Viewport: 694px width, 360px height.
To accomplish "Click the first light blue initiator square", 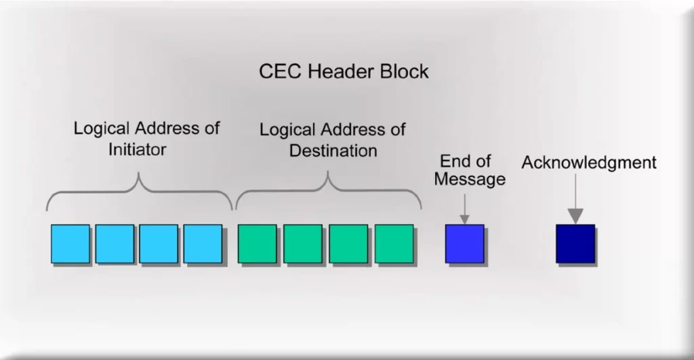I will pos(70,243).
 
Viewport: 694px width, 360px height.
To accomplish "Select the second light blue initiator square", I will pos(114,243).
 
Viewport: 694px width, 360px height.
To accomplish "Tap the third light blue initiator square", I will pos(159,243).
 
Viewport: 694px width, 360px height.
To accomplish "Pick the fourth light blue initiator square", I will pos(203,243).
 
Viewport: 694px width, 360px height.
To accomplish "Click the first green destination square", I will pos(257,243).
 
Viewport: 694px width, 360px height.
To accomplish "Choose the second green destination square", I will pos(303,243).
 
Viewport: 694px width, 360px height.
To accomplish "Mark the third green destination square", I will pos(348,243).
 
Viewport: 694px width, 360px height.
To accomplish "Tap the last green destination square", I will pos(394,243).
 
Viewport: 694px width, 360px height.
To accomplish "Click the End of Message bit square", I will pos(464,243).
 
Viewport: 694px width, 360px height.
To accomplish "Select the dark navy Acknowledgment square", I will pos(575,243).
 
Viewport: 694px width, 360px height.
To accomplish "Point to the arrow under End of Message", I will pos(464,207).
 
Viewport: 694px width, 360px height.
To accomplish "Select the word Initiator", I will pos(137,149).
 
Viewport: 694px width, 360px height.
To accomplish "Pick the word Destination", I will pos(333,150).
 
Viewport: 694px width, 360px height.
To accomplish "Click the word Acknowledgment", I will pos(588,163).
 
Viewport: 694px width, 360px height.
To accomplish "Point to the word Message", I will pos(470,180).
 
